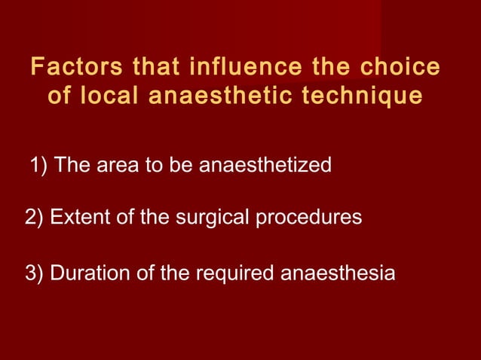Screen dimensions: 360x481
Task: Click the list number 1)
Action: pyautogui.click(x=40, y=165)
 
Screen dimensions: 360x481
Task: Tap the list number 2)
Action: pyautogui.click(x=35, y=218)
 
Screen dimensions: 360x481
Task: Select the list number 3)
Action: pyautogui.click(x=35, y=273)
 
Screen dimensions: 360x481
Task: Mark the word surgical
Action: pyautogui.click(x=205, y=218)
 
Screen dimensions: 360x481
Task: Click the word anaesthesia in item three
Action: pyautogui.click(x=338, y=273)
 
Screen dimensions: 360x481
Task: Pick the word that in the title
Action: pyautogui.click(x=157, y=67)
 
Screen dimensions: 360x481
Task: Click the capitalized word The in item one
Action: pyautogui.click(x=72, y=165)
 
